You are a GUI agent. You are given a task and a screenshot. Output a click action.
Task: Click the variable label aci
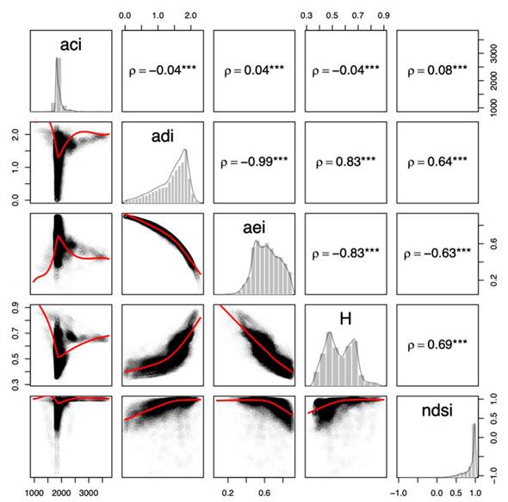point(71,45)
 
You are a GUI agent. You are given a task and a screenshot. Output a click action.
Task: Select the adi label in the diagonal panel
point(163,134)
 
